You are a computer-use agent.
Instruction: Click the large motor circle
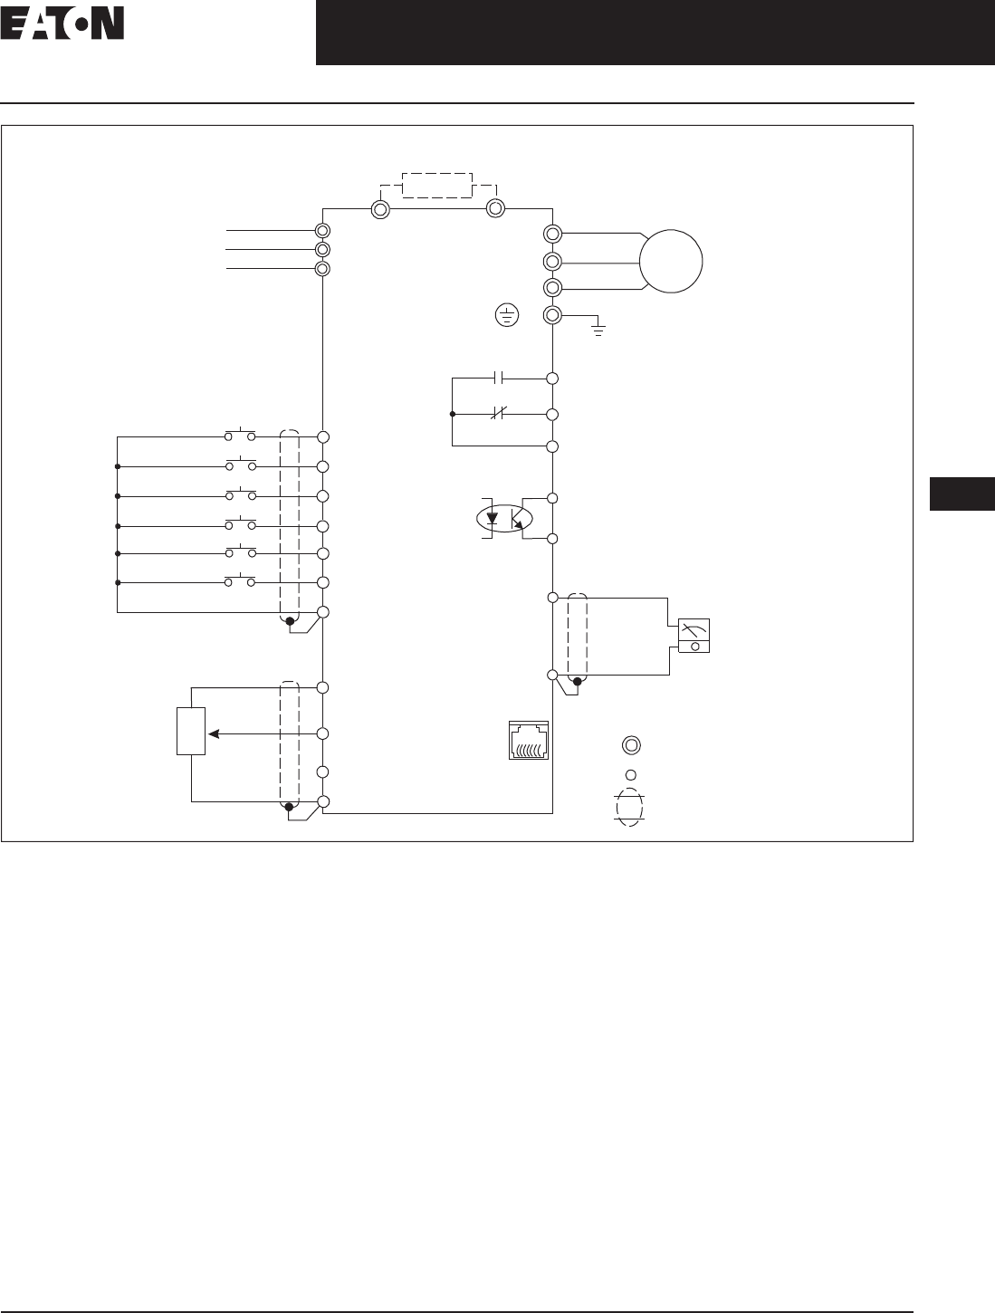point(671,262)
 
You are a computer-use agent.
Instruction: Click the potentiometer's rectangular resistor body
point(191,731)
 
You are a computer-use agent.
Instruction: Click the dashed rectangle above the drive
point(437,185)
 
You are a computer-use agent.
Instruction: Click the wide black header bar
point(655,33)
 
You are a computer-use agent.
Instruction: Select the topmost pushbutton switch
point(240,436)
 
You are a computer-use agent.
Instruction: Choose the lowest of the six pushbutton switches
point(240,580)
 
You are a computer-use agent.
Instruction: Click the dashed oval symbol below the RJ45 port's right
point(629,806)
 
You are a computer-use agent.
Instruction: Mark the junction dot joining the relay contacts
point(452,414)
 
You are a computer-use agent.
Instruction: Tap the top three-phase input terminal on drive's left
point(322,231)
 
